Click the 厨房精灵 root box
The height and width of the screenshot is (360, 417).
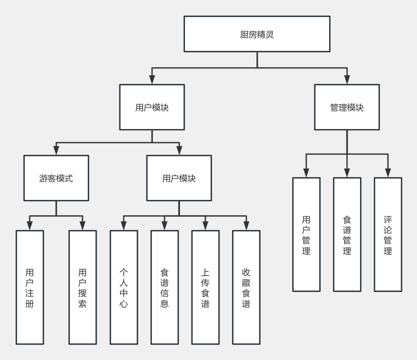257,34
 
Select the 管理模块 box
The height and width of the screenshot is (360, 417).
347,107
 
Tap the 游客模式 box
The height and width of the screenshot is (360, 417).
56,178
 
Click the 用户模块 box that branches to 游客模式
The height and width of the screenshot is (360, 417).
152,107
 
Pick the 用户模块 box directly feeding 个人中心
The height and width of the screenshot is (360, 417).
179,178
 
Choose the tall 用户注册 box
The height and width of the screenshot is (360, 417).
30,287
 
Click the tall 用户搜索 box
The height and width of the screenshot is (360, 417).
82,287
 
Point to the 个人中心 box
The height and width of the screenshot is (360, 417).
124,287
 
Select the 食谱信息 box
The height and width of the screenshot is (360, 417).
164,287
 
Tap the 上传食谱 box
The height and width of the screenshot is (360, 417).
205,287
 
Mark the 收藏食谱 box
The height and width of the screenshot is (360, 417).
246,287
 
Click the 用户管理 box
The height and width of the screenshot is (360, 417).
306,235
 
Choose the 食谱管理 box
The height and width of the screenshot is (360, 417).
347,235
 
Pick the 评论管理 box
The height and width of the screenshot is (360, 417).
388,235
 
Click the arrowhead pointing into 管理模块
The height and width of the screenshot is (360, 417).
347,79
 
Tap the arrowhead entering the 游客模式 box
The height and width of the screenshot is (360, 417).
56,150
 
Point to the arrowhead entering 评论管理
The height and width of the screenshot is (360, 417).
388,173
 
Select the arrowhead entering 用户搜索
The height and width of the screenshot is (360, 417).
82,226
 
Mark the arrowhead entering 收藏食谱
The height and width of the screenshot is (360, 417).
246,226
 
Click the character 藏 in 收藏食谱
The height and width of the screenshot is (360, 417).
246,283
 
